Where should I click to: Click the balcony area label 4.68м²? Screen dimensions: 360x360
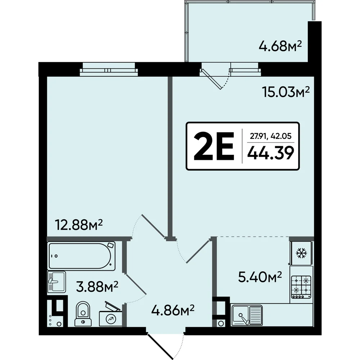coord(280,46)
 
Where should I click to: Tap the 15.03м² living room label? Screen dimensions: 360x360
coord(286,92)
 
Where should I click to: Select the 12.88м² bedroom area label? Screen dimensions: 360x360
coord(78,225)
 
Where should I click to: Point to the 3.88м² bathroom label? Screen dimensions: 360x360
coord(97,287)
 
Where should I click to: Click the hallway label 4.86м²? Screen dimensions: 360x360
coord(173,310)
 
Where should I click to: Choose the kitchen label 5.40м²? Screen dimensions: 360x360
coord(260,277)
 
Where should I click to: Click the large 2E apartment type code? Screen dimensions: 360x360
coord(214,146)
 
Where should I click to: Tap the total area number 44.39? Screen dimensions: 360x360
coord(271,153)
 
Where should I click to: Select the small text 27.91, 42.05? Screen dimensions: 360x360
coord(271,136)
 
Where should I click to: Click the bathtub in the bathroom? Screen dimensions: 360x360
coord(81,256)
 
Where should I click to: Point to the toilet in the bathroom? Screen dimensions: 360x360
coord(83,314)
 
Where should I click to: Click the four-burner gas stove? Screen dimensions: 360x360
coord(301,287)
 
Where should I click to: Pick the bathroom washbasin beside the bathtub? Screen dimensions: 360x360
coord(57,282)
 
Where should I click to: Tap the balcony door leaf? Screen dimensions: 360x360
coord(211,79)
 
